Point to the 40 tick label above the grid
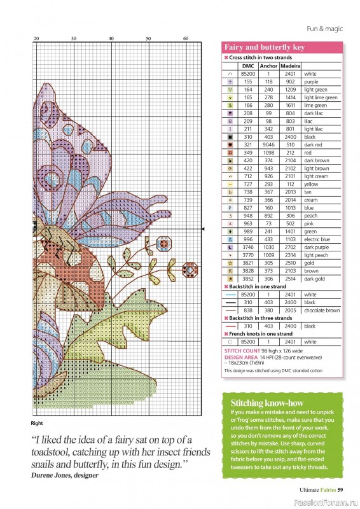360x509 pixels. (x=111, y=39)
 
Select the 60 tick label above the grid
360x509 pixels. (x=186, y=39)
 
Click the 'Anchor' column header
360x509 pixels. (x=269, y=66)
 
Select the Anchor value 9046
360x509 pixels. (x=269, y=145)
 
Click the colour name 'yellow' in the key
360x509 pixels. (x=311, y=185)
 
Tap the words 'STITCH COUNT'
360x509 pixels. (x=240, y=350)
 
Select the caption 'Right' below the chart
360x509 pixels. (x=36, y=422)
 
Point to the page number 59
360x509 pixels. (x=340, y=489)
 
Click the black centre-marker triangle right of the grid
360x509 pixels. (x=203, y=228)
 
